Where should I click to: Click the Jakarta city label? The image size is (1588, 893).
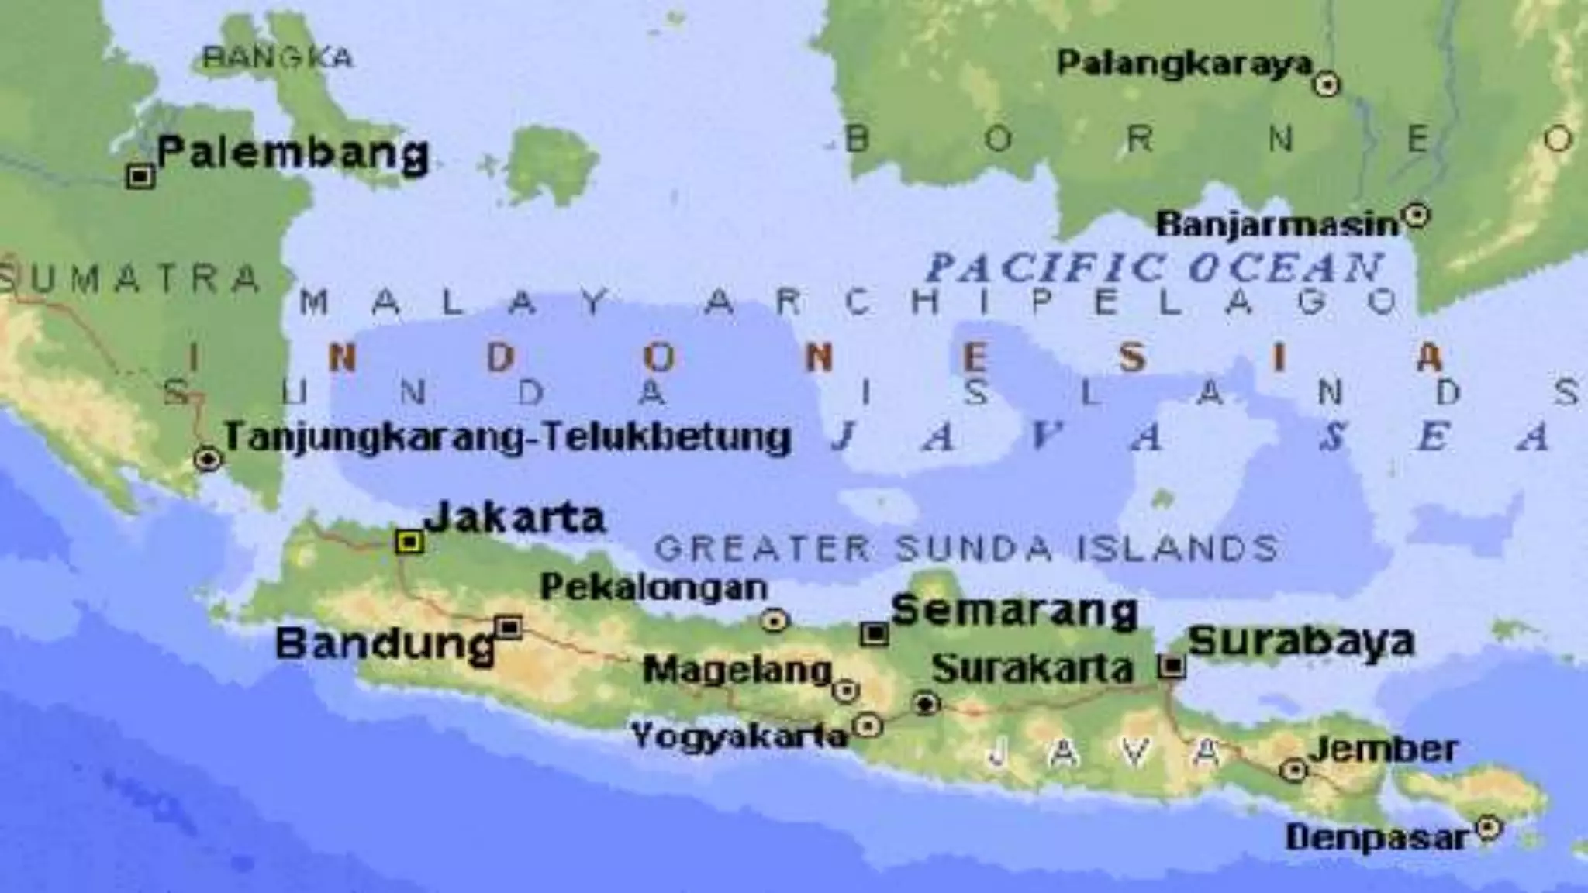515,518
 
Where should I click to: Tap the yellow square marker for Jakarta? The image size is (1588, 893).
409,541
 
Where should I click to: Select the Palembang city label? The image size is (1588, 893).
293,153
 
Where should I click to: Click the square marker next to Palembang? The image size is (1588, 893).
140,177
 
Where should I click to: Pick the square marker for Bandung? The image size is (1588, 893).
509,626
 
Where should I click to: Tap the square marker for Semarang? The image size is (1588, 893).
875,634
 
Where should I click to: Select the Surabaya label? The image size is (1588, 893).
1301,642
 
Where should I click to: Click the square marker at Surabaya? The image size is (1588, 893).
1172,665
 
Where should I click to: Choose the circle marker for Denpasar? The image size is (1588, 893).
1487,828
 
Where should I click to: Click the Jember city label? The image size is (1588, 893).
1383,749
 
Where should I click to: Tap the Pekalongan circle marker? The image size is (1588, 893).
774,620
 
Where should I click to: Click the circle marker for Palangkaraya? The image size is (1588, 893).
1327,84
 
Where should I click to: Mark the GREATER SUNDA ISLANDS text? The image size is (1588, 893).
966,549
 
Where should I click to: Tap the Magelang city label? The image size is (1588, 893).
737,670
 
